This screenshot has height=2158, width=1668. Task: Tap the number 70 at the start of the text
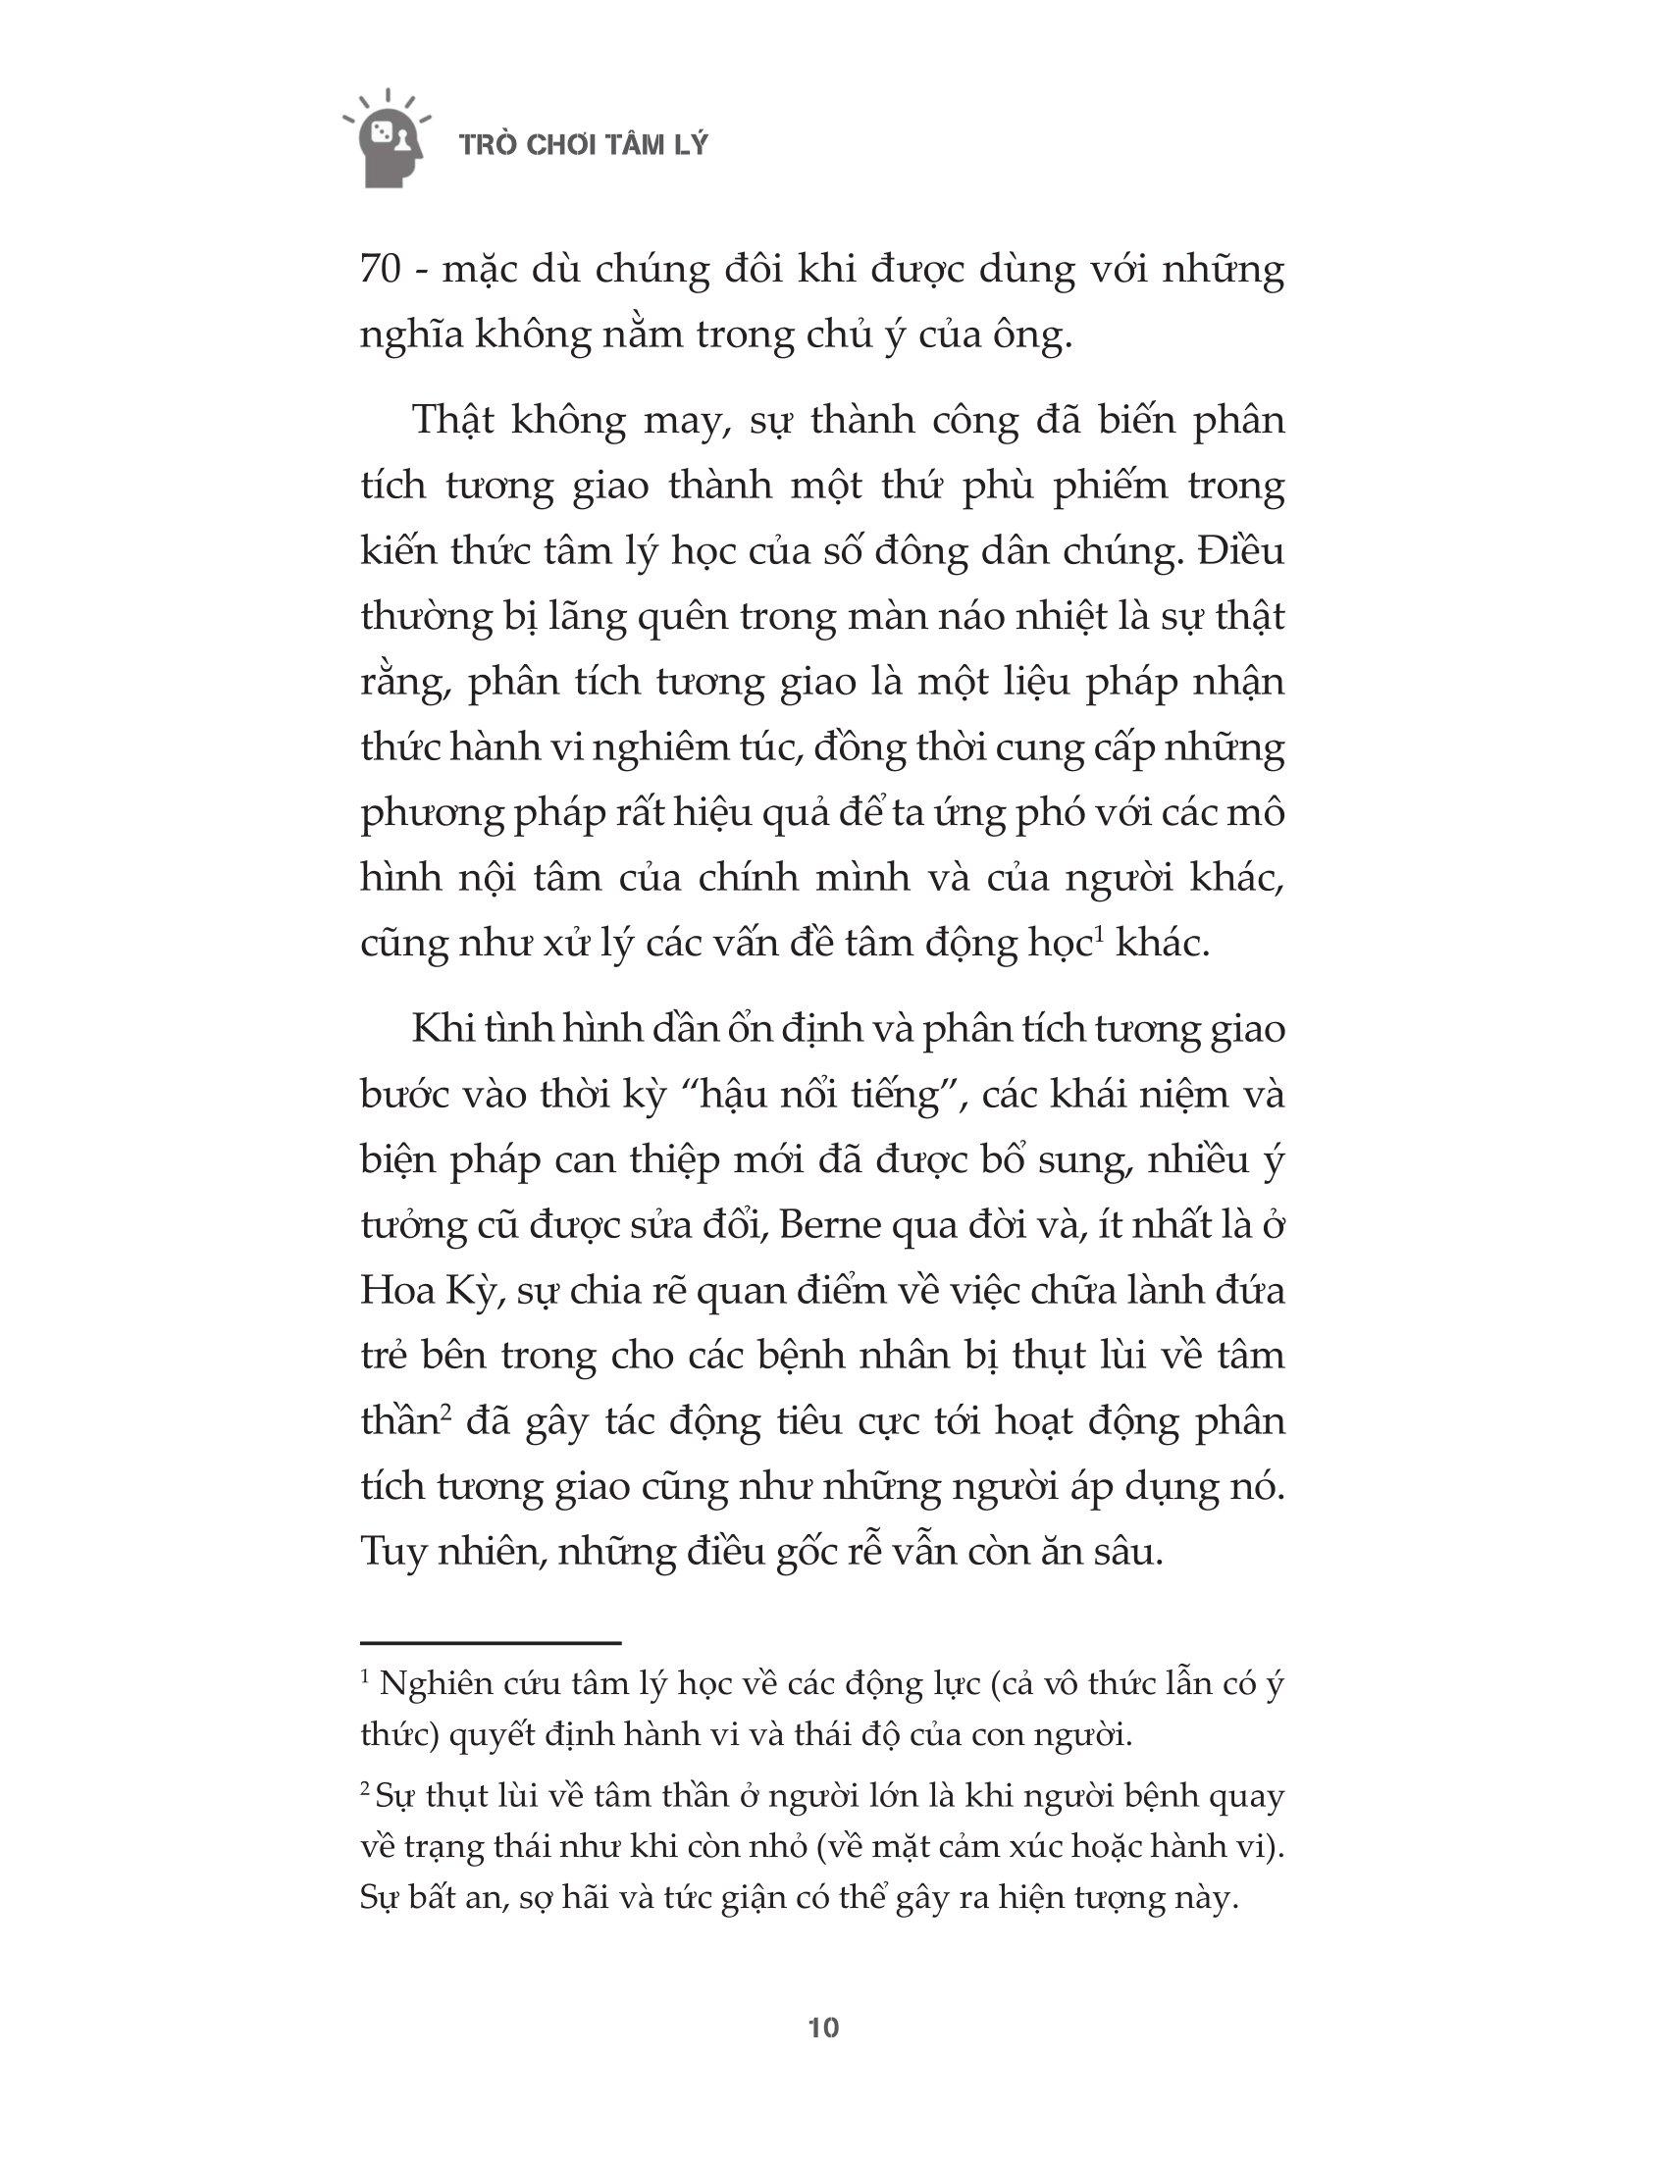(381, 271)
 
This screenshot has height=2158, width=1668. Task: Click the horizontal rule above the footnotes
(491, 1642)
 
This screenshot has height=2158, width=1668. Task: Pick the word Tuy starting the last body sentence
(391, 1553)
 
